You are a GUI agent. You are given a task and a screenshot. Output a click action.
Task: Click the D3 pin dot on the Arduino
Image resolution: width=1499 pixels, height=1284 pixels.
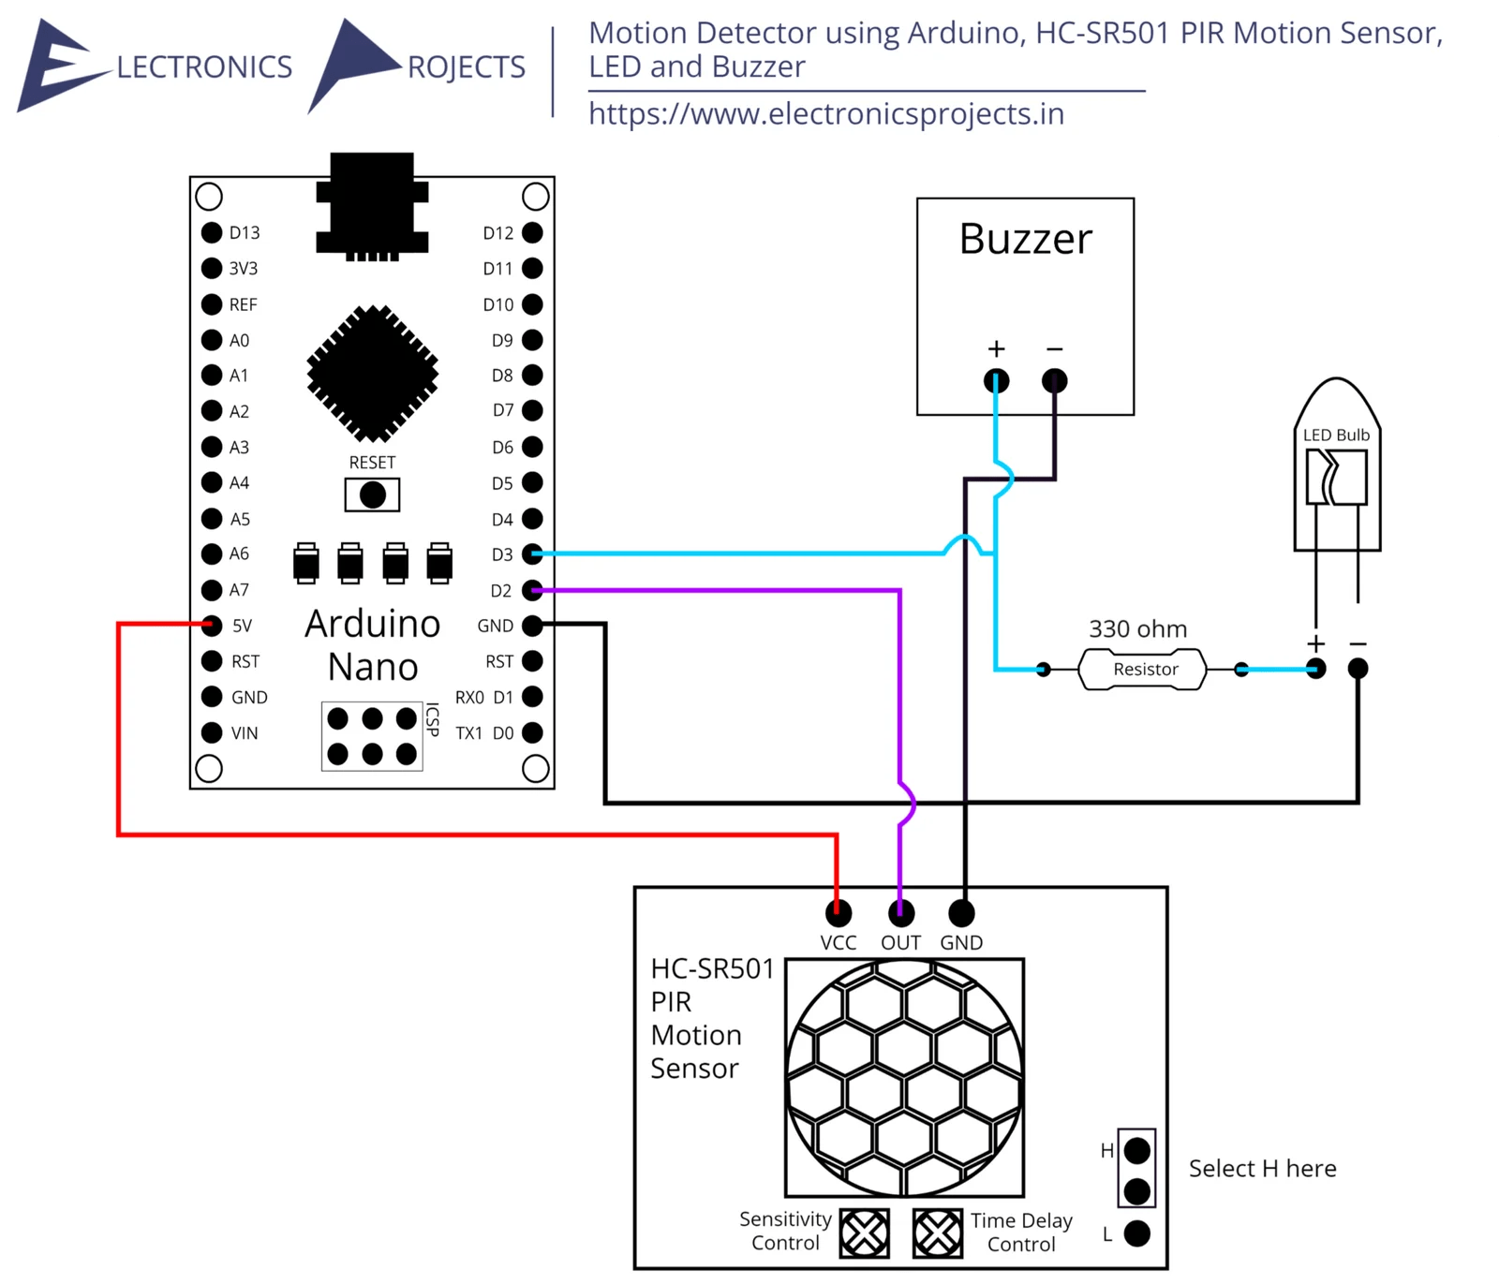[532, 553]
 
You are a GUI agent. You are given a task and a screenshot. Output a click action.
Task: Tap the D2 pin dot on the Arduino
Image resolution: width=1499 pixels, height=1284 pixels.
[532, 590]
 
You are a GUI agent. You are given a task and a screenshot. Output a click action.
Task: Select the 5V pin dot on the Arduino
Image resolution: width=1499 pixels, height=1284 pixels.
[212, 625]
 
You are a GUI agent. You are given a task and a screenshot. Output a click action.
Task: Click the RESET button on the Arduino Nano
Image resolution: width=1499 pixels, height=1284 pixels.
[372, 494]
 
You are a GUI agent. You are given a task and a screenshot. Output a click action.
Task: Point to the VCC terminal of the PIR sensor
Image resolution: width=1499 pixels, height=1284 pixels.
[839, 912]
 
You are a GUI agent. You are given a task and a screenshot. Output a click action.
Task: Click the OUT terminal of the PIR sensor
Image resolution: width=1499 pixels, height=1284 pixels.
[900, 912]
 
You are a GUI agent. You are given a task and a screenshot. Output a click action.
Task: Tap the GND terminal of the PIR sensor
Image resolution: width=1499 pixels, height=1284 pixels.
[962, 912]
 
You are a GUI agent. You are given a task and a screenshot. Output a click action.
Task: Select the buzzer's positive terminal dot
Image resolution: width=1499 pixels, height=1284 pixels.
[996, 381]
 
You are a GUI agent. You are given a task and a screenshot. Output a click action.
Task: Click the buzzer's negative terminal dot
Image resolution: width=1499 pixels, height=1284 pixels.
[1054, 381]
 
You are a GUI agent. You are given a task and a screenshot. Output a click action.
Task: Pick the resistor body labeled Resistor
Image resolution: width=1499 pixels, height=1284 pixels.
[1144, 670]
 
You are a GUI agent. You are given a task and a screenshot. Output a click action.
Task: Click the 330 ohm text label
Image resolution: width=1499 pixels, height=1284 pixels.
[1137, 629]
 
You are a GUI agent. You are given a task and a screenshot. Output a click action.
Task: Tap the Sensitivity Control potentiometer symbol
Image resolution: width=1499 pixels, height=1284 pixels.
[864, 1232]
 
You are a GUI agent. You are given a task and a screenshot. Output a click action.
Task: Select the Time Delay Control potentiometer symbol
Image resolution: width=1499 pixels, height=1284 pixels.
[938, 1232]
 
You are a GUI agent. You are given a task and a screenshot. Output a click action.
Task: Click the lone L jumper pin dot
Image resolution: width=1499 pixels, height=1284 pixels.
[1136, 1233]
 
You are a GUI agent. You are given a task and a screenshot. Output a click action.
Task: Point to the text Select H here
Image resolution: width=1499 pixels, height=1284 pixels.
[1262, 1169]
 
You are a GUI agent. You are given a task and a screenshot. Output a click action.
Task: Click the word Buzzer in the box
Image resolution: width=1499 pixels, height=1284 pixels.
[1025, 240]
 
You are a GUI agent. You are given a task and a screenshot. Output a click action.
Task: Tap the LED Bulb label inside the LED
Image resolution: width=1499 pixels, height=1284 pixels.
[1336, 435]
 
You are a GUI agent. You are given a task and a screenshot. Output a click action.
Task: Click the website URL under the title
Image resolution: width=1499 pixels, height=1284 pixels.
[826, 114]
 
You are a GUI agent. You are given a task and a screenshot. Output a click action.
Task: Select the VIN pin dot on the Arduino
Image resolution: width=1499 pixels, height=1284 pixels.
[212, 732]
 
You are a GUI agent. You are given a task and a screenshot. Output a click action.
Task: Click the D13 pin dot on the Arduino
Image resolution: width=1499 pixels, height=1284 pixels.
[212, 232]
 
